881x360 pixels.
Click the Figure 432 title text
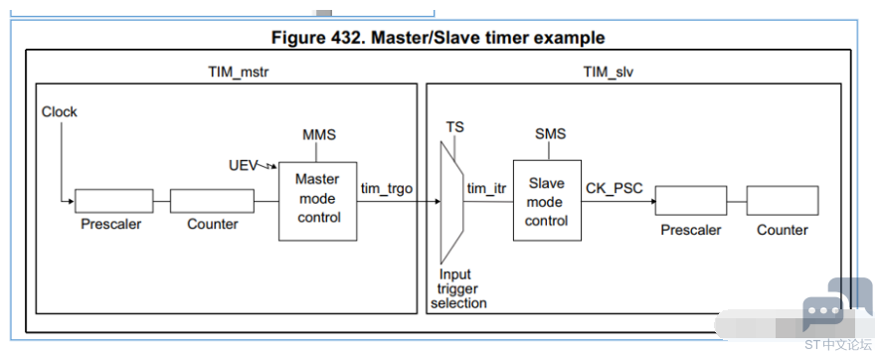[x=439, y=38]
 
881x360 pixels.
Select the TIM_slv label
[x=608, y=73]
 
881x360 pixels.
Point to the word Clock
[x=59, y=111]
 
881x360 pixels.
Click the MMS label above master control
[x=319, y=135]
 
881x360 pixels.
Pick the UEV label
[x=243, y=165]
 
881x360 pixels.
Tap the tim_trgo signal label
[x=387, y=189]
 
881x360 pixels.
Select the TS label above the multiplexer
[x=455, y=127]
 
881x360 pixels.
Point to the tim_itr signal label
[x=486, y=189]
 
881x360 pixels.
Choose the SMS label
[x=551, y=134]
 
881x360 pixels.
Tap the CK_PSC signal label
[x=615, y=188]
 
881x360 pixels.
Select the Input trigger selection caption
[x=458, y=288]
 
